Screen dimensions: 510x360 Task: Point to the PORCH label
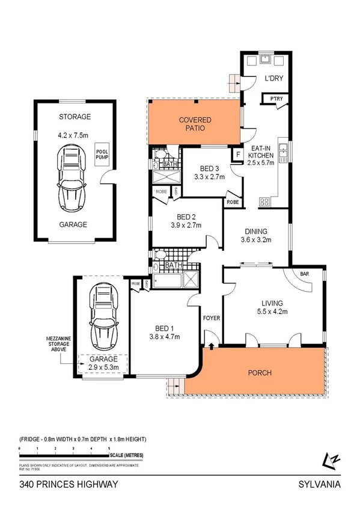click(260, 373)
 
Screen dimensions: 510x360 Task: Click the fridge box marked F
click(238, 155)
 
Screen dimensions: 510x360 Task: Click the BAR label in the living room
click(305, 274)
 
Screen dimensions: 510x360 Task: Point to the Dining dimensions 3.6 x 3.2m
click(256, 240)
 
